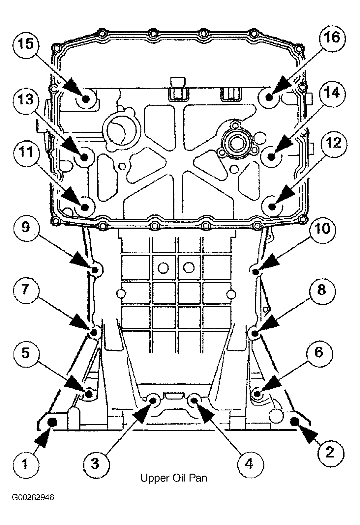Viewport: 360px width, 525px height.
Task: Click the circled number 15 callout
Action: tap(26, 44)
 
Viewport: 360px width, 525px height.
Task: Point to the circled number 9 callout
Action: tap(25, 227)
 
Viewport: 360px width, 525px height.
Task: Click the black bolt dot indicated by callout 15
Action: tap(86, 99)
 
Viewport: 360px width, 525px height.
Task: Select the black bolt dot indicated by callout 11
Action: tap(85, 207)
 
